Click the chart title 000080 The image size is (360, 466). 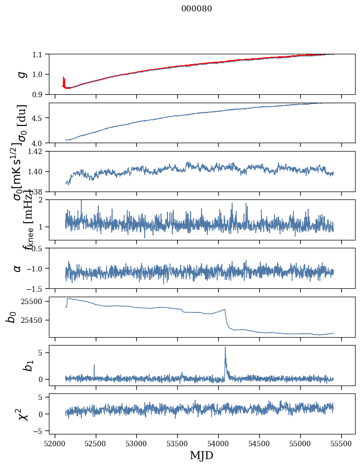point(197,8)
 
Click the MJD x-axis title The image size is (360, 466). point(201,455)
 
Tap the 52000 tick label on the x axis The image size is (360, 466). point(55,441)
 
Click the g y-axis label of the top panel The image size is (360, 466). point(21,74)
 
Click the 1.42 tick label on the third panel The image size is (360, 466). point(38,152)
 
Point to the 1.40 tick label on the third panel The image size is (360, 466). point(38,171)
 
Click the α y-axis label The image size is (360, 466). point(18,268)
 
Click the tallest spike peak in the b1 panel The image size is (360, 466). point(225,347)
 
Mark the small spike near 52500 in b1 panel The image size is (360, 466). point(94,365)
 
